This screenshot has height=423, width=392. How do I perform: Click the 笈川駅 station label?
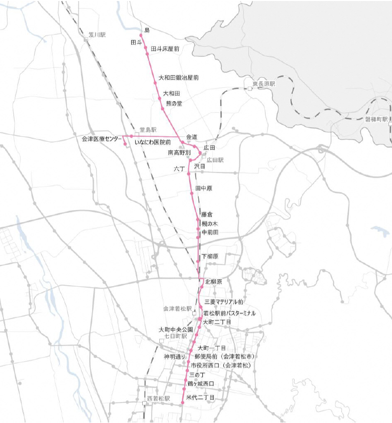pyautogui.click(x=97, y=35)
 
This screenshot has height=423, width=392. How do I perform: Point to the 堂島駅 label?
pyautogui.click(x=148, y=130)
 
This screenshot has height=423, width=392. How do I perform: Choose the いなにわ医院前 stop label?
pyautogui.click(x=153, y=143)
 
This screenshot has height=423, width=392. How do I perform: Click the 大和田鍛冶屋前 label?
pyautogui.click(x=178, y=78)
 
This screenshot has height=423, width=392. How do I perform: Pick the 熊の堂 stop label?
pyautogui.click(x=174, y=103)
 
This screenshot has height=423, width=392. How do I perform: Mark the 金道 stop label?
pyautogui.click(x=192, y=137)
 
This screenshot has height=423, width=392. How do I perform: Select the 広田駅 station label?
pyautogui.click(x=215, y=160)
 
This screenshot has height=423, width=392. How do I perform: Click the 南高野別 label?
pyautogui.click(x=179, y=152)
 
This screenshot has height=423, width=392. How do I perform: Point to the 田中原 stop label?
pyautogui.click(x=204, y=188)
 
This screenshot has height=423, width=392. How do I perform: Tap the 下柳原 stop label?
pyautogui.click(x=210, y=257)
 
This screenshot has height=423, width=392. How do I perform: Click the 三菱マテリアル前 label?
pyautogui.click(x=223, y=302)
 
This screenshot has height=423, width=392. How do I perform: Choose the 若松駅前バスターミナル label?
pyautogui.click(x=229, y=313)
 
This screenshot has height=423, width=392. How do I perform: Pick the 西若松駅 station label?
pyautogui.click(x=159, y=399)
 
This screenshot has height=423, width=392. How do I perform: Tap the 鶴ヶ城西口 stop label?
pyautogui.click(x=200, y=383)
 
